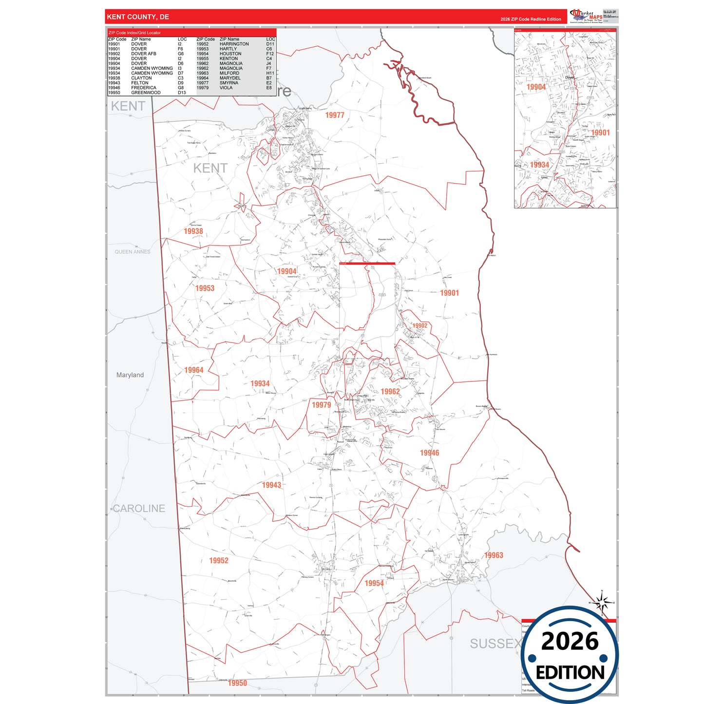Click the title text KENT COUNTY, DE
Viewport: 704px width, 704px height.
click(x=138, y=17)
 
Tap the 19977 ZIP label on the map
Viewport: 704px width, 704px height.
click(x=335, y=115)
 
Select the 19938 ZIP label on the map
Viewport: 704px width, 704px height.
click(x=193, y=231)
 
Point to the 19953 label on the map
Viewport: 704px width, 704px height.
click(x=205, y=288)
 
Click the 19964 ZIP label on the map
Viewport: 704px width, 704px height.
click(x=193, y=370)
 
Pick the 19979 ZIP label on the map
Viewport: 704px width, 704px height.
click(x=321, y=405)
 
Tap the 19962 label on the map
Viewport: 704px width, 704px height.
click(x=390, y=391)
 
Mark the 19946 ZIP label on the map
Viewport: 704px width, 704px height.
click(x=429, y=453)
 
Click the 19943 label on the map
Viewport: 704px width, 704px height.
click(x=271, y=485)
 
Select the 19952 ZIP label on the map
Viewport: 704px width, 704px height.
click(x=219, y=560)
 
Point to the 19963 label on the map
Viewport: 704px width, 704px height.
click(x=494, y=555)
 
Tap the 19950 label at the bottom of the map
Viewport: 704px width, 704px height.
click(x=237, y=683)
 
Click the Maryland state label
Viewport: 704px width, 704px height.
click(x=130, y=375)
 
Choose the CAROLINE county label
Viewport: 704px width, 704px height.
click(x=139, y=508)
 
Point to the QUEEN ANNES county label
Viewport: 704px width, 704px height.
click(x=133, y=252)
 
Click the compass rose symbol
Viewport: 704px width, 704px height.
click(x=602, y=603)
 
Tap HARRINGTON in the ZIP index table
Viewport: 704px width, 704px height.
click(x=234, y=44)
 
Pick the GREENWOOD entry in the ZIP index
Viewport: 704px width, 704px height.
click(x=146, y=93)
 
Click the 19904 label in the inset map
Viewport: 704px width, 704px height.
click(x=536, y=87)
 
